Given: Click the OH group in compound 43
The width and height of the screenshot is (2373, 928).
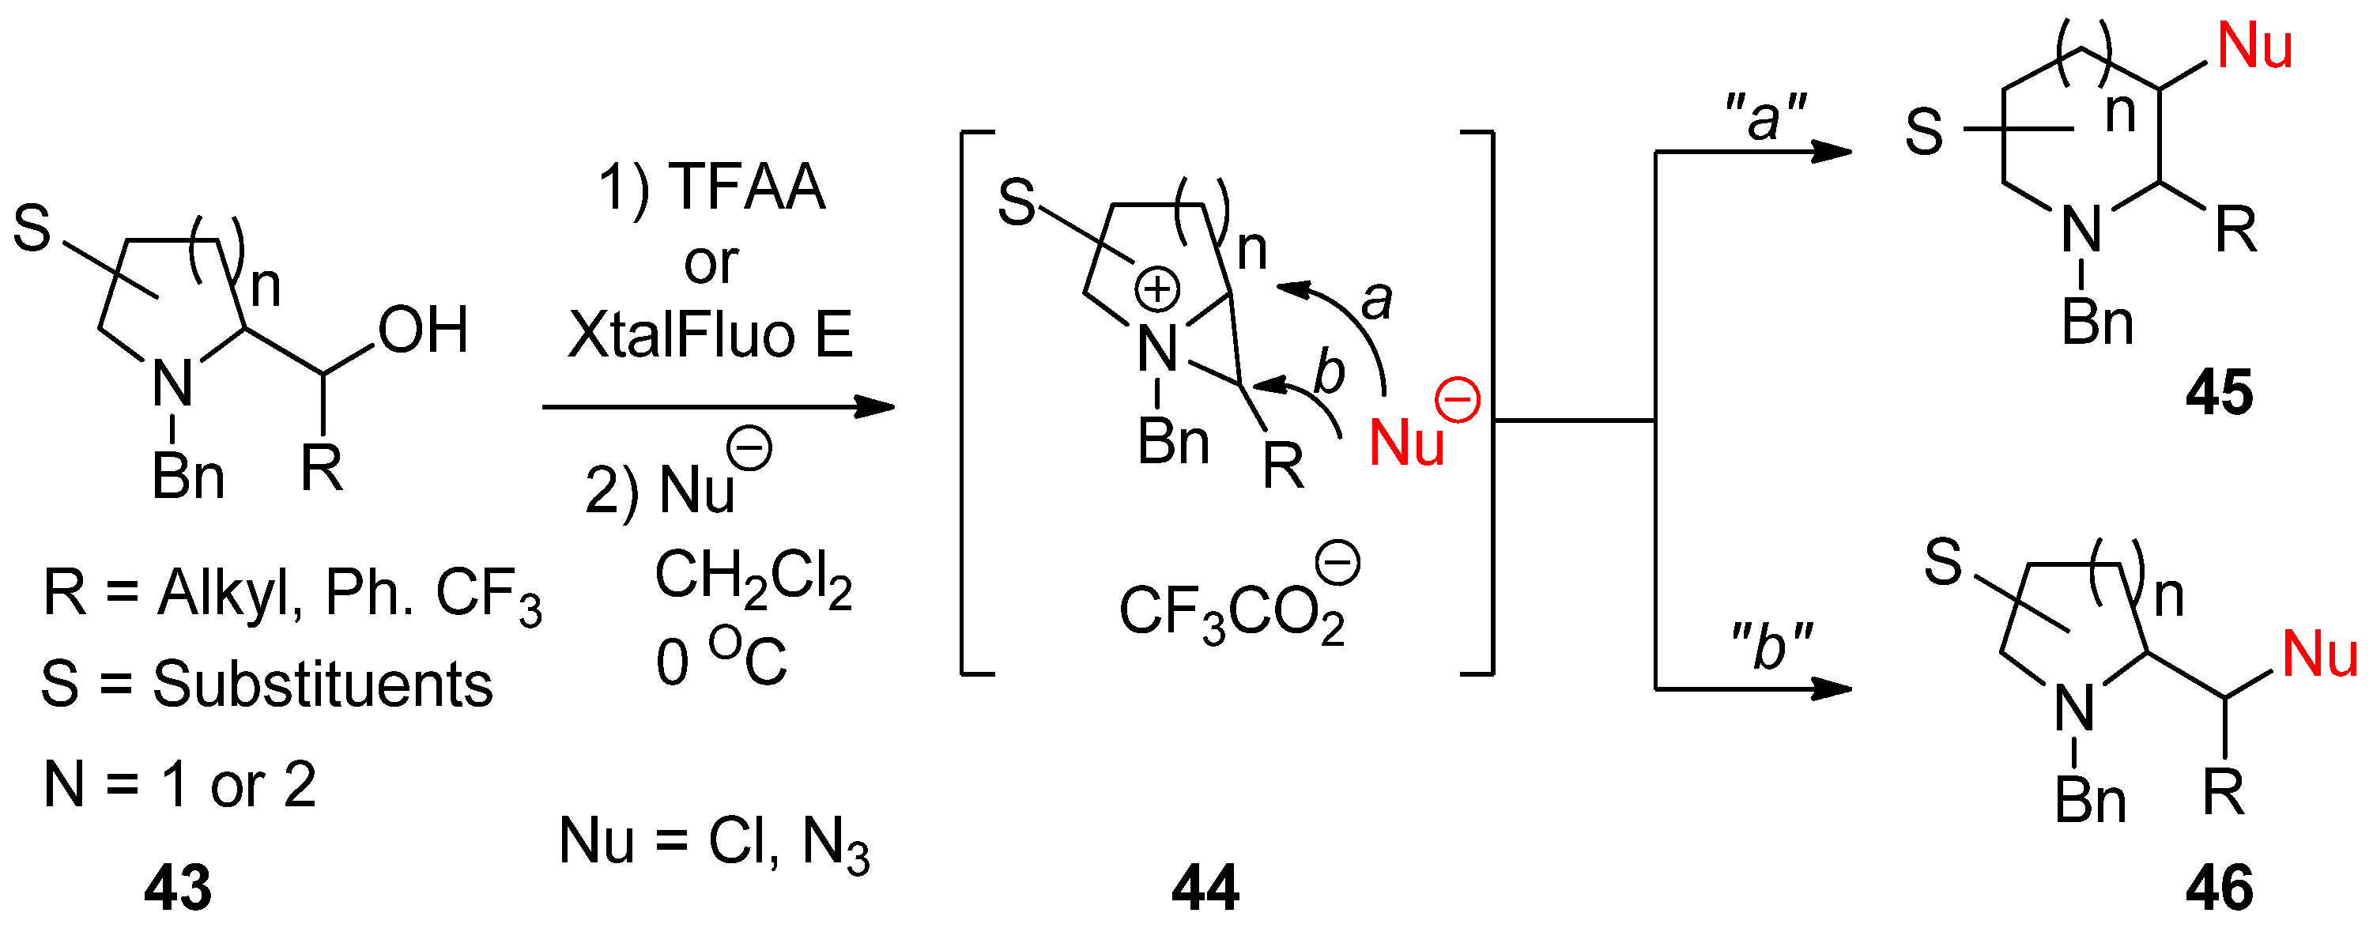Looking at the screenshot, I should pyautogui.click(x=423, y=330).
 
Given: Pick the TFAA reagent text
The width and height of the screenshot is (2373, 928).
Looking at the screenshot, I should pyautogui.click(x=748, y=187).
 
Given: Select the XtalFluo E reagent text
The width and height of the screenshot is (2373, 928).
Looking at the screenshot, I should pyautogui.click(x=711, y=334).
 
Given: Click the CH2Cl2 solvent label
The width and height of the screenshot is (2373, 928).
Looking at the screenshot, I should pyautogui.click(x=753, y=578).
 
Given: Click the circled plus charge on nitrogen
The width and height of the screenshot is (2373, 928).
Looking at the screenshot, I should pyautogui.click(x=1157, y=289).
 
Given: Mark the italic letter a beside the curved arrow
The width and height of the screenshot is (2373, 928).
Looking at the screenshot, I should pyautogui.click(x=1377, y=300).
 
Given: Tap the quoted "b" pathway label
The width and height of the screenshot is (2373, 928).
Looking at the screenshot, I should pyautogui.click(x=1771, y=646).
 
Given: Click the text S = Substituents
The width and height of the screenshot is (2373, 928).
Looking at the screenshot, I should pyautogui.click(x=266, y=685).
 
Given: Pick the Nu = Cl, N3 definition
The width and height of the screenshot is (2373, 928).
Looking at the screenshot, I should pyautogui.click(x=714, y=843).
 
